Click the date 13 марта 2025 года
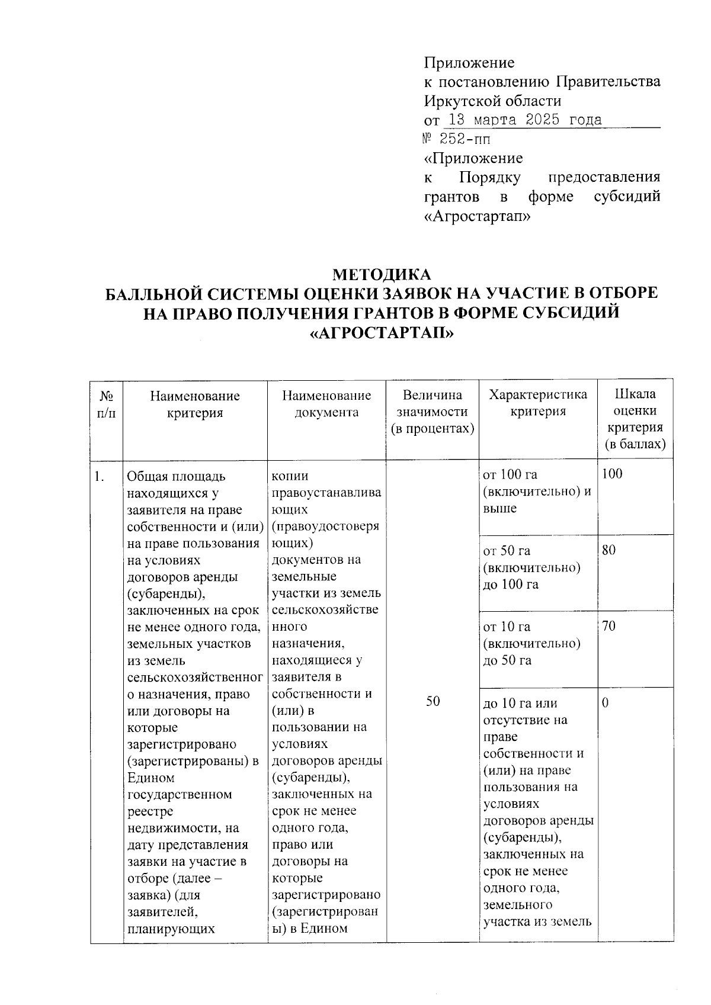[524, 120]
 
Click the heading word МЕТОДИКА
[382, 275]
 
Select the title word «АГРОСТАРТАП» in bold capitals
[382, 333]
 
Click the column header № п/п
[106, 404]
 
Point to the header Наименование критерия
[195, 404]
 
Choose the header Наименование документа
[326, 404]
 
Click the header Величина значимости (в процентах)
[433, 412]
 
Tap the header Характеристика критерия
[538, 403]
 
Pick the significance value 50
[433, 701]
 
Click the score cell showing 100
[612, 474]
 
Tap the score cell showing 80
[608, 550]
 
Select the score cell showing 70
[608, 626]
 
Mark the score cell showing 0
[605, 703]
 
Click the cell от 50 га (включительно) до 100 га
[531, 567]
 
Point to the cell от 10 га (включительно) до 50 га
[531, 643]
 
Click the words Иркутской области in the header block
[492, 101]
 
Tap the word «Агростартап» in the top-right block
[478, 216]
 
